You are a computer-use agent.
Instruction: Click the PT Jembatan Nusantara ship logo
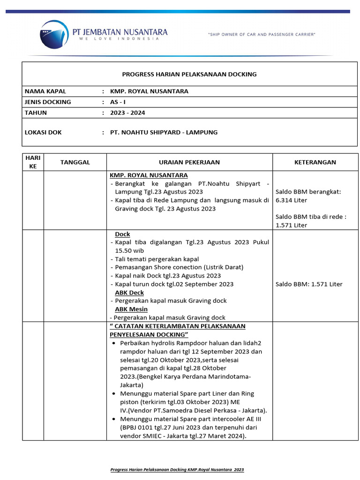[x=55, y=35]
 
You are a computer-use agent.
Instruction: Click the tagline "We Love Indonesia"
[x=119, y=39]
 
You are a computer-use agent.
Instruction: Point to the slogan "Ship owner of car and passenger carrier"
[x=262, y=34]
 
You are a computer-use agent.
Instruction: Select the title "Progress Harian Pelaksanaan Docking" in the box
[x=189, y=74]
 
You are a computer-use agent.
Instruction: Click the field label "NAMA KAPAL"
[x=45, y=91]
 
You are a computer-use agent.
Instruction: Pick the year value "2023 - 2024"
[x=128, y=112]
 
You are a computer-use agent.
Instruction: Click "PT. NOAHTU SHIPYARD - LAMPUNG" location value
[x=164, y=132]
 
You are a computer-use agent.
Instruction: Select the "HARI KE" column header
[x=33, y=162]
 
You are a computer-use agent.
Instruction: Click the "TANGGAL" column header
[x=75, y=162]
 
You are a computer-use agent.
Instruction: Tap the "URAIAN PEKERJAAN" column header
[x=189, y=162]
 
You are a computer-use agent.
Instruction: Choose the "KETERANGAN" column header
[x=315, y=162]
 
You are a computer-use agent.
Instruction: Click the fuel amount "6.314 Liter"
[x=291, y=200]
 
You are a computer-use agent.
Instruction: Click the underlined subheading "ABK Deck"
[x=129, y=292]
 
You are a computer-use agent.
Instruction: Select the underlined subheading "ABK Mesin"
[x=131, y=309]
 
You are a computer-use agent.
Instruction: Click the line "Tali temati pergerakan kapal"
[x=157, y=259]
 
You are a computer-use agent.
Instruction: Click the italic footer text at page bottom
[x=177, y=469]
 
